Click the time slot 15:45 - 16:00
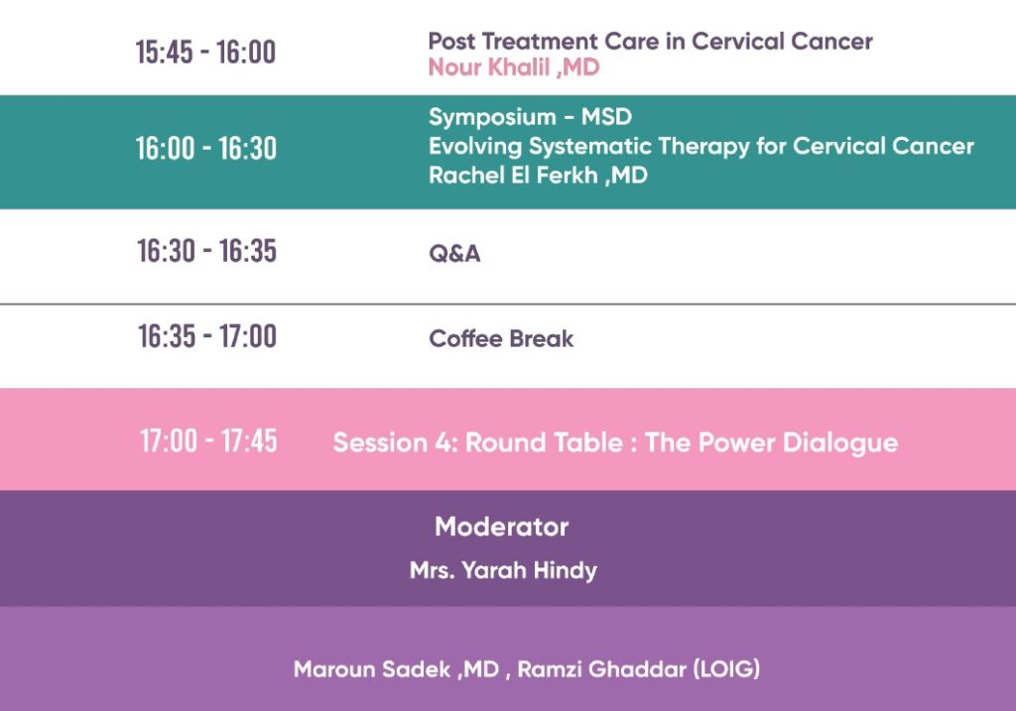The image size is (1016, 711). (205, 52)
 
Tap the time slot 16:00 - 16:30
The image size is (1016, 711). (206, 149)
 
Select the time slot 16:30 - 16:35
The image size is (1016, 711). (206, 251)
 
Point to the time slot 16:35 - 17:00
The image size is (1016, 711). (207, 336)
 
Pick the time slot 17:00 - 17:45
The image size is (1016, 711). (208, 441)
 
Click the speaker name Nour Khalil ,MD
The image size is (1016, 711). (514, 67)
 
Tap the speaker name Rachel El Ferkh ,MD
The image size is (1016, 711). (538, 176)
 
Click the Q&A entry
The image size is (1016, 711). (454, 253)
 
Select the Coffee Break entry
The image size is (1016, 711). (501, 339)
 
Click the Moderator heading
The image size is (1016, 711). (501, 527)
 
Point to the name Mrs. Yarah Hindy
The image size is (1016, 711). (503, 570)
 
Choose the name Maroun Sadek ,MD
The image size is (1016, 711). (397, 669)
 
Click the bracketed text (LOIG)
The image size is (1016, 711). (726, 669)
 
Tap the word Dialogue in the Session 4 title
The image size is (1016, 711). (840, 443)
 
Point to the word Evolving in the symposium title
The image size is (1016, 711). (475, 147)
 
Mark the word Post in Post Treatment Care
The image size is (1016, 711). (451, 42)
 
